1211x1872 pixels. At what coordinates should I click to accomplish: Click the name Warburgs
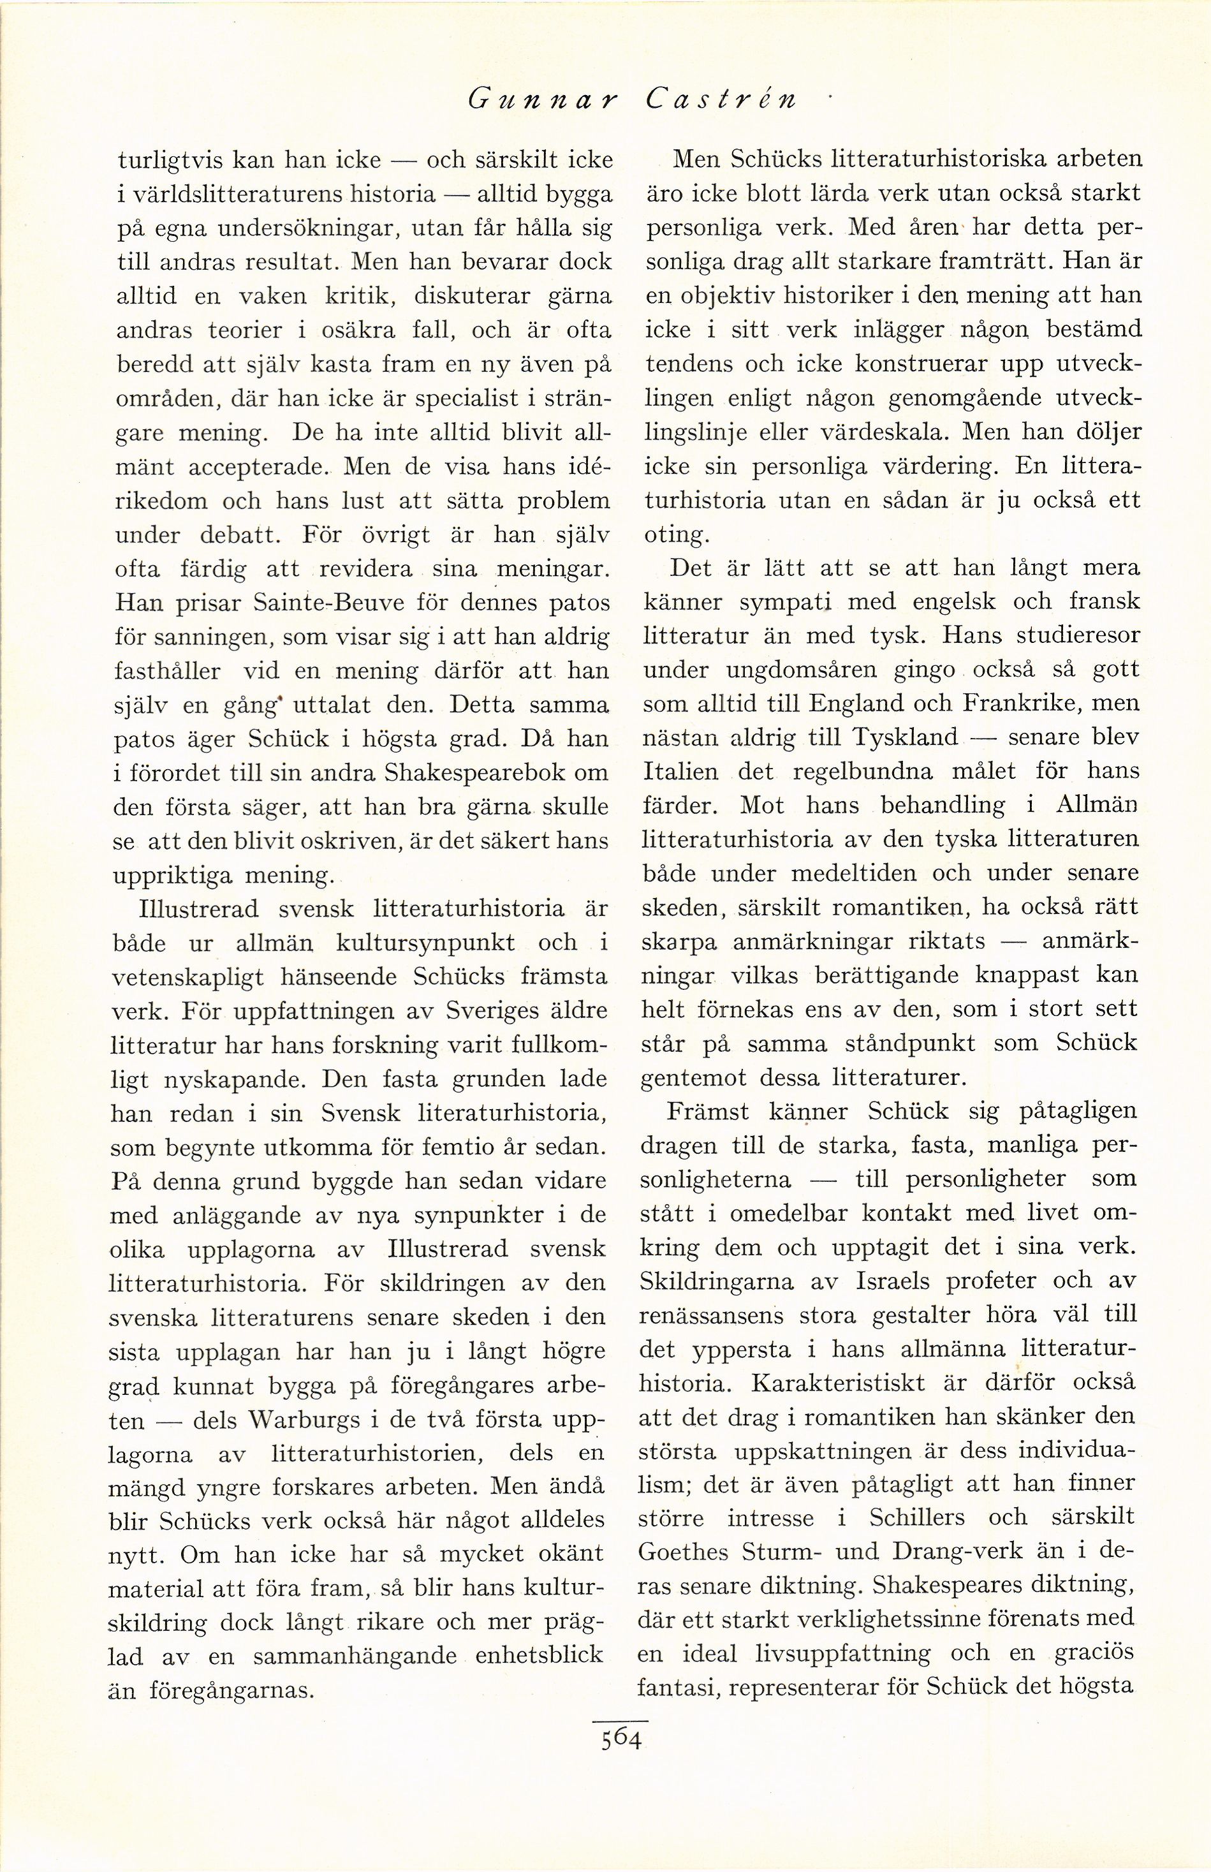pos(303,1421)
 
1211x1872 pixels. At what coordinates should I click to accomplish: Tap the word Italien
pos(680,772)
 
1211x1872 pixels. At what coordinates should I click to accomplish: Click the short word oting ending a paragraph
pos(675,535)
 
